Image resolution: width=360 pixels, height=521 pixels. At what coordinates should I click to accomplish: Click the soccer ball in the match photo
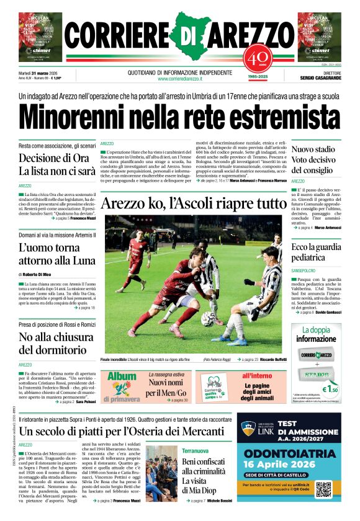tap(207, 318)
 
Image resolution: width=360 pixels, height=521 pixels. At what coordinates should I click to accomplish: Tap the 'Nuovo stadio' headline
tap(313, 149)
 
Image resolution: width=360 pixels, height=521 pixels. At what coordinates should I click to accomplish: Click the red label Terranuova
tap(195, 451)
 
